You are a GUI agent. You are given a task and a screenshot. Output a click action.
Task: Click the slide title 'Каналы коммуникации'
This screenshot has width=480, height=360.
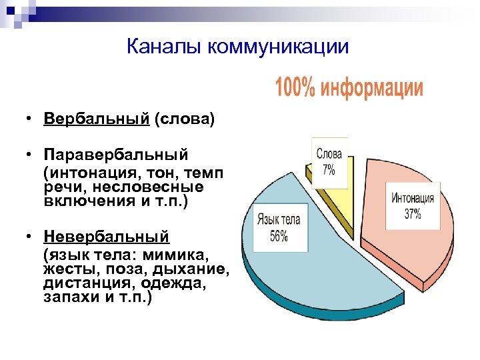[237, 47]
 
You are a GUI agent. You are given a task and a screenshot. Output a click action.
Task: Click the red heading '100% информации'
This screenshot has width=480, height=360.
[349, 88]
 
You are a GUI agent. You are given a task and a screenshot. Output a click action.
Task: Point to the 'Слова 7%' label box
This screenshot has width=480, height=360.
[329, 161]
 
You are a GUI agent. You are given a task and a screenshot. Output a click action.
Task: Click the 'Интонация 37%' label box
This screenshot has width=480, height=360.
[413, 206]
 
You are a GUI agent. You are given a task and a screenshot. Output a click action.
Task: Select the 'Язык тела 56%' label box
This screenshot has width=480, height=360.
[279, 227]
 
